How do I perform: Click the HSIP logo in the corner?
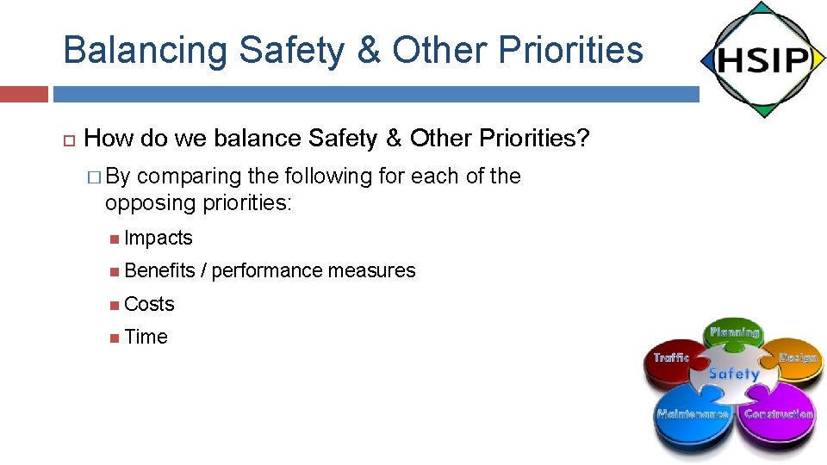762,60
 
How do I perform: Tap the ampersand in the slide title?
368,50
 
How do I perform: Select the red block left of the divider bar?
23,94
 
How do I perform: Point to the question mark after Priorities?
582,138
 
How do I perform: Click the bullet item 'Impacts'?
159,239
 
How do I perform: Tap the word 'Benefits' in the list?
159,271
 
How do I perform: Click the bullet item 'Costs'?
149,304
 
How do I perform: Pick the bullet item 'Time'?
146,338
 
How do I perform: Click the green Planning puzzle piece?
734,334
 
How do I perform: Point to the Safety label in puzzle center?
733,375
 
